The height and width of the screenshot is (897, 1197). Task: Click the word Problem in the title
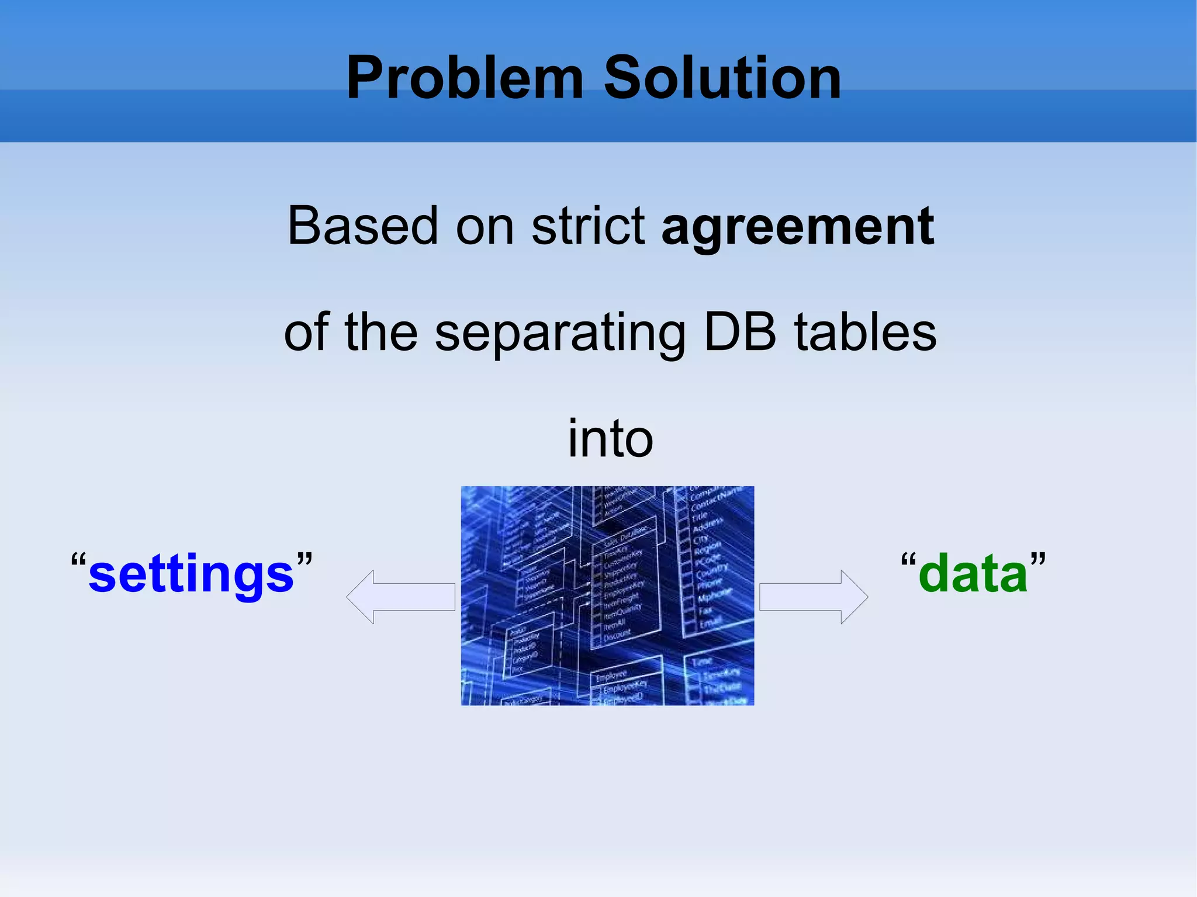[x=465, y=78]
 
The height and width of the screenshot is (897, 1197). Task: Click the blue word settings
[x=191, y=575]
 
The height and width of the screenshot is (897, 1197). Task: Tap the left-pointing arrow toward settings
[x=400, y=597]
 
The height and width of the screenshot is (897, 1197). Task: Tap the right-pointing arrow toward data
[x=814, y=597]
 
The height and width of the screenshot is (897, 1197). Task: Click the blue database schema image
[x=607, y=595]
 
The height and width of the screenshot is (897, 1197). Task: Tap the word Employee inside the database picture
[x=611, y=676]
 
